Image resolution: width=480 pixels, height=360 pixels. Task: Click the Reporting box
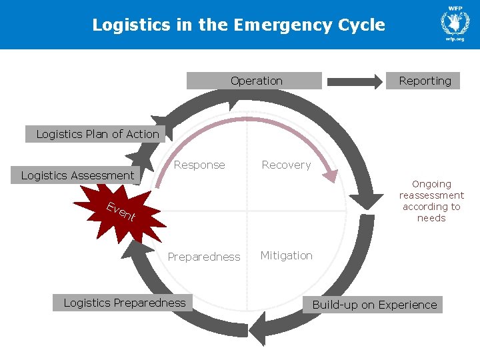(x=424, y=81)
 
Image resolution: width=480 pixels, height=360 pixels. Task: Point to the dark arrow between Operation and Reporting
(x=355, y=81)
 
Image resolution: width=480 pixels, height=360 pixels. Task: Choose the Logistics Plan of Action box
(x=97, y=134)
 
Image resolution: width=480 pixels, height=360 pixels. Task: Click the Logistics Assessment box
(x=77, y=175)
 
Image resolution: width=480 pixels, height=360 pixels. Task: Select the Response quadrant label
(x=199, y=165)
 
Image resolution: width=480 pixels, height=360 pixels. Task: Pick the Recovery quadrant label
(x=286, y=165)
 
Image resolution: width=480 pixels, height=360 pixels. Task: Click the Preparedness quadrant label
(x=203, y=257)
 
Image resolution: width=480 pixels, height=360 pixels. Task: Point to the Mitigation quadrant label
(x=286, y=255)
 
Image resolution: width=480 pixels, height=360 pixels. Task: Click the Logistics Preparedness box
(x=124, y=303)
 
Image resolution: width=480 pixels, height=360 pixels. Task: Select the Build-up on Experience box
(x=374, y=305)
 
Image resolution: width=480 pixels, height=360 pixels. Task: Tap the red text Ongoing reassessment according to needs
(x=431, y=201)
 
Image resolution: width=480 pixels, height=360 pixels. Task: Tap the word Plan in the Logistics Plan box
(x=95, y=134)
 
